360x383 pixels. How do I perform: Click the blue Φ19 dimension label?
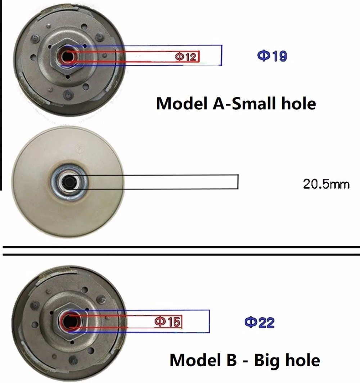[272, 56]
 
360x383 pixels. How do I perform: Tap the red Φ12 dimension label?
[185, 57]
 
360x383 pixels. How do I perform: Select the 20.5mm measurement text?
[326, 184]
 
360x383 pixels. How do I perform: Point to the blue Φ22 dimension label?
[260, 322]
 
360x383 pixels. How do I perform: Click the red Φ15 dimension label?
[167, 321]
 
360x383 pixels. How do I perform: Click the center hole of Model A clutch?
[68, 56]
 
